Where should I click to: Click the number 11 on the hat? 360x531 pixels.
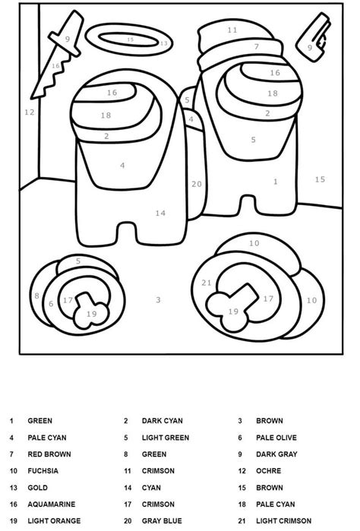coord(232,30)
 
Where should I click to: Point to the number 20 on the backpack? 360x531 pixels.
coord(197,184)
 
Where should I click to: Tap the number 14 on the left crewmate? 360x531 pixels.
coord(160,213)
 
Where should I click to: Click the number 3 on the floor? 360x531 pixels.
coord(158,299)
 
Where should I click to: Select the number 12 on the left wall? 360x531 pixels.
coord(30,112)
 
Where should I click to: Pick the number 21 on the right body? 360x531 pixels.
coord(207,283)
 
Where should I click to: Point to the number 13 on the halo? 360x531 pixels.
coord(164,43)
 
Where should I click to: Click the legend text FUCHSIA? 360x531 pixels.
coord(44,471)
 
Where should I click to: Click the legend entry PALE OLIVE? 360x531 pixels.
coord(276,438)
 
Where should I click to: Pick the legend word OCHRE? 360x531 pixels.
coord(267,471)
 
